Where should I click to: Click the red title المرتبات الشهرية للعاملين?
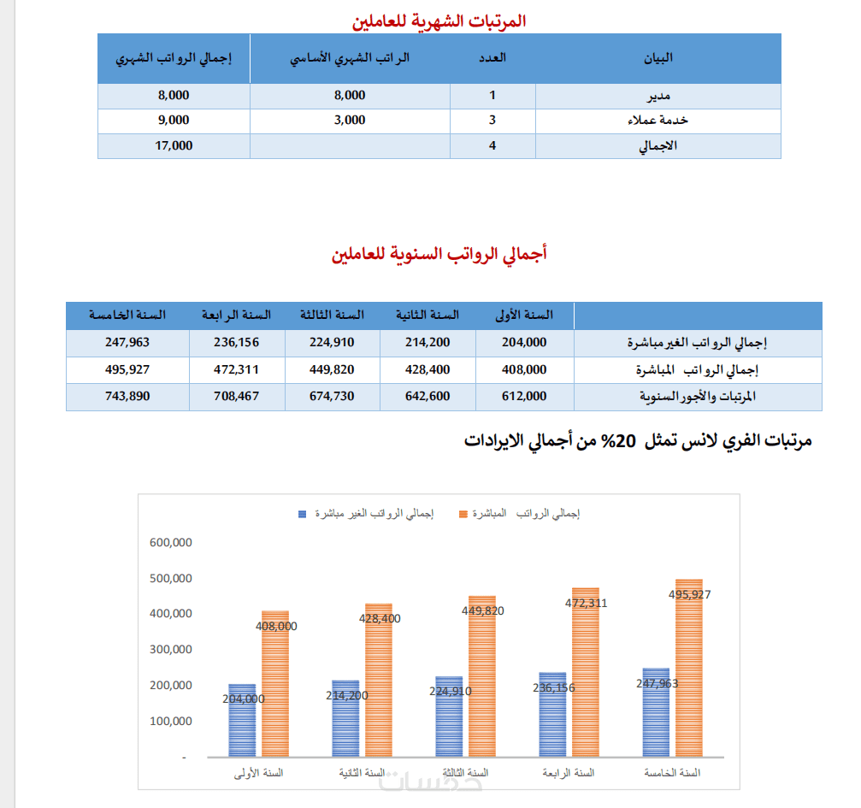439,21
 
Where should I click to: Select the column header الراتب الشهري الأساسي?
350,58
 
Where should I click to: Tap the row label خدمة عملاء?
658,121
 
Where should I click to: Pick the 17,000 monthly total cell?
174,145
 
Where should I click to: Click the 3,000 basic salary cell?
350,121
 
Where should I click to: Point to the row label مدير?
658,96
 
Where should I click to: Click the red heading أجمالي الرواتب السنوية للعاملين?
439,254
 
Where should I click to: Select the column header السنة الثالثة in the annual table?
333,316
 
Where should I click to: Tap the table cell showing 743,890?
127,396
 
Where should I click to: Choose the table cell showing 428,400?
428,369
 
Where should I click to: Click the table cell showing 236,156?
236,342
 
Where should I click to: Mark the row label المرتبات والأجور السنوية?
698,397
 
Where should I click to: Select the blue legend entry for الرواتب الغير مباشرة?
366,514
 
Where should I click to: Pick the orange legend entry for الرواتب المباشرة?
520,514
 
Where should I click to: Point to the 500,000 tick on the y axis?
171,578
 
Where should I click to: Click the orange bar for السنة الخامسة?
689,668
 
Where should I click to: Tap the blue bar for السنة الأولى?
242,721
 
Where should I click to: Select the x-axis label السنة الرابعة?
569,774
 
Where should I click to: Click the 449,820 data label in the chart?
483,610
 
